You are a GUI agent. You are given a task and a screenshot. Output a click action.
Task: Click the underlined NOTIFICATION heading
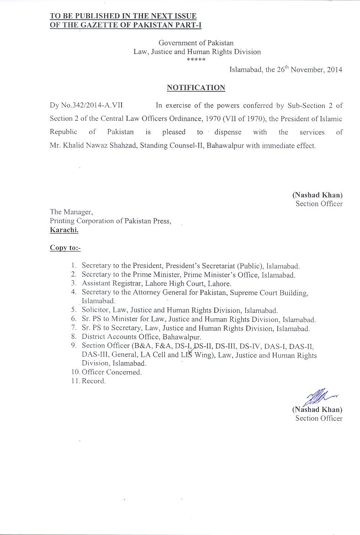[196, 87]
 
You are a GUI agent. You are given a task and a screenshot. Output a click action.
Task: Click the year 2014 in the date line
[334, 70]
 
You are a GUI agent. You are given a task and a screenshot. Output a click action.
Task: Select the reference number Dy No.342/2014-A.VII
[86, 105]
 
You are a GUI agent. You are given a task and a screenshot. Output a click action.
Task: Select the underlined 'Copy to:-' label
[65, 248]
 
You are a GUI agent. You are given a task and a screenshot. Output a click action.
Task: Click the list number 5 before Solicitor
[73, 310]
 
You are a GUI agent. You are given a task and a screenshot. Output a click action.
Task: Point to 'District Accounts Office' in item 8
[119, 337]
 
